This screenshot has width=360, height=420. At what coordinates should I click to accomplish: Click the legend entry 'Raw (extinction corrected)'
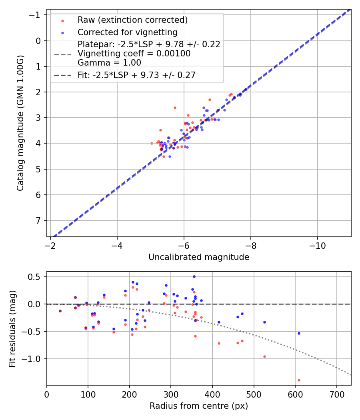(132, 20)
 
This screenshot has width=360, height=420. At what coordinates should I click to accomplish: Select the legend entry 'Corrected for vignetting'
(127, 32)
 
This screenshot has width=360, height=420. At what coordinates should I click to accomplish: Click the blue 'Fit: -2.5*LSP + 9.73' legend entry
(136, 75)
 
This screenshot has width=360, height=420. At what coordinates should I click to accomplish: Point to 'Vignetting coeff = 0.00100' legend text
(134, 54)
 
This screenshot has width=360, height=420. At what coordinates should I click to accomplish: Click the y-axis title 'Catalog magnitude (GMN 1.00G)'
(20, 123)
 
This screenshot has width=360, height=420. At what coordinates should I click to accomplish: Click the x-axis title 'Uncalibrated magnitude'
(199, 257)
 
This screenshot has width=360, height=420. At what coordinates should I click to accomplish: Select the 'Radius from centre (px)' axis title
(199, 406)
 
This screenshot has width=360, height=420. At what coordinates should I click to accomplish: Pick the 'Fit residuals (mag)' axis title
(12, 328)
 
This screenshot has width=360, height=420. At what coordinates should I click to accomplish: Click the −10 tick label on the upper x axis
(318, 245)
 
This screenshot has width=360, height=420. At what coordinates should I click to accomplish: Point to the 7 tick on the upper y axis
(39, 220)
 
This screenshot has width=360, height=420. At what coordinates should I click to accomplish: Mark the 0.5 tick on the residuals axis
(36, 277)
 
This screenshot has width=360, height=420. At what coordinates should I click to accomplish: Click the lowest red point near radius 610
(299, 380)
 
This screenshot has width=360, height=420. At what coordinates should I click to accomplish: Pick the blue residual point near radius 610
(299, 333)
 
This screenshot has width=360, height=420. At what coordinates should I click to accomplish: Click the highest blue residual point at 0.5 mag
(194, 276)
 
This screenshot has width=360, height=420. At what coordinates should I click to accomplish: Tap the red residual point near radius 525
(264, 356)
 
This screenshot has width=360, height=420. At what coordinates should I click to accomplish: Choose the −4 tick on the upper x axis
(117, 245)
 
